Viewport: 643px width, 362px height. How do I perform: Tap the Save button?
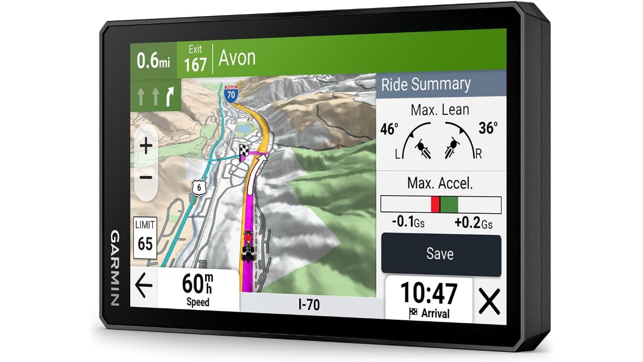point(440,254)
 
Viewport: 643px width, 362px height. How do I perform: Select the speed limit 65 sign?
point(145,236)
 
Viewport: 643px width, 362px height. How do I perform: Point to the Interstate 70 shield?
point(230,94)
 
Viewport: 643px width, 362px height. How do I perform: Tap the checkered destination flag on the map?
point(244,151)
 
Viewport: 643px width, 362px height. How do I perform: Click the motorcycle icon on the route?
point(248,245)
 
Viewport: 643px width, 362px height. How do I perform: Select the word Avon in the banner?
point(237,58)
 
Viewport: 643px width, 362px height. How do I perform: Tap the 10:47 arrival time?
point(429,293)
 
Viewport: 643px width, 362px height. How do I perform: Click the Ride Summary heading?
point(425,84)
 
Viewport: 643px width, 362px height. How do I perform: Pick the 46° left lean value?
point(390,129)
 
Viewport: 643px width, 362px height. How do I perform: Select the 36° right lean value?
point(488,128)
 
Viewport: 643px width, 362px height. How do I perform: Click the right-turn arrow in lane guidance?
point(170,97)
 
